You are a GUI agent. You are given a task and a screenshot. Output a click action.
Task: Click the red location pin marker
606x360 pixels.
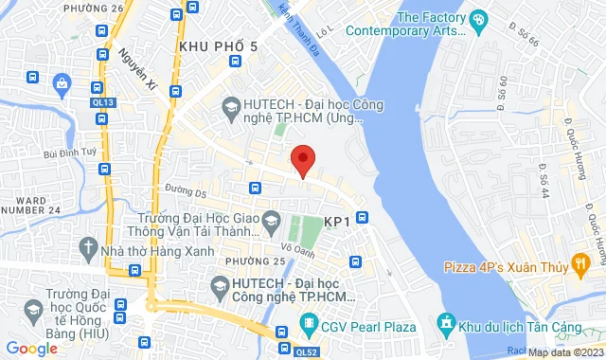(x=302, y=160)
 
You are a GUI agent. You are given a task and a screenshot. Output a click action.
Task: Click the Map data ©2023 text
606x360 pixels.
(x=562, y=352)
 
